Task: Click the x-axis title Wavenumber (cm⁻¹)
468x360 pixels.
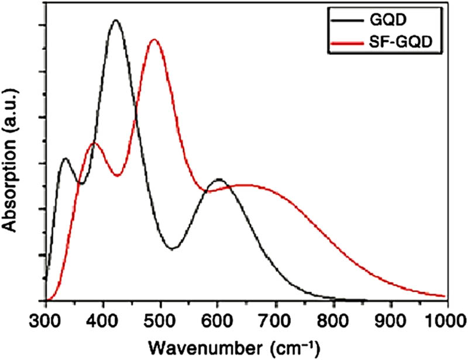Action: [x=234, y=346]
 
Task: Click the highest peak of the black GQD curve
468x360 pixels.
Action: [x=115, y=20]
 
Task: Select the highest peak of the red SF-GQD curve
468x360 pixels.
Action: [x=154, y=40]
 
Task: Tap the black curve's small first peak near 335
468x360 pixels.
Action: [x=65, y=158]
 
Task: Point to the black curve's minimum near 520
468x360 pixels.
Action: [x=172, y=249]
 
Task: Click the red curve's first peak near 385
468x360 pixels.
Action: [x=94, y=143]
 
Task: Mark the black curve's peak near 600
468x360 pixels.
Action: [x=218, y=179]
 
